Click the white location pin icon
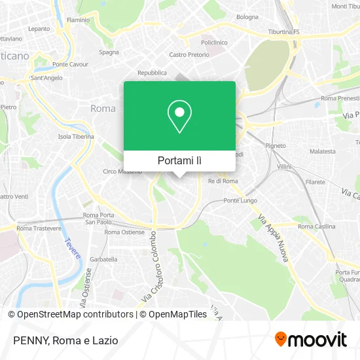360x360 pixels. coord(180,117)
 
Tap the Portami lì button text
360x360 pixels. coord(180,160)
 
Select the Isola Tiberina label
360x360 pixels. coord(76,137)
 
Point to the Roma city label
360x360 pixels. coord(103,109)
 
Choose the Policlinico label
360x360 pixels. coord(213,42)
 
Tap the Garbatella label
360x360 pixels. coord(103,259)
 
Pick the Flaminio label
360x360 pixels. coord(78,20)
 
